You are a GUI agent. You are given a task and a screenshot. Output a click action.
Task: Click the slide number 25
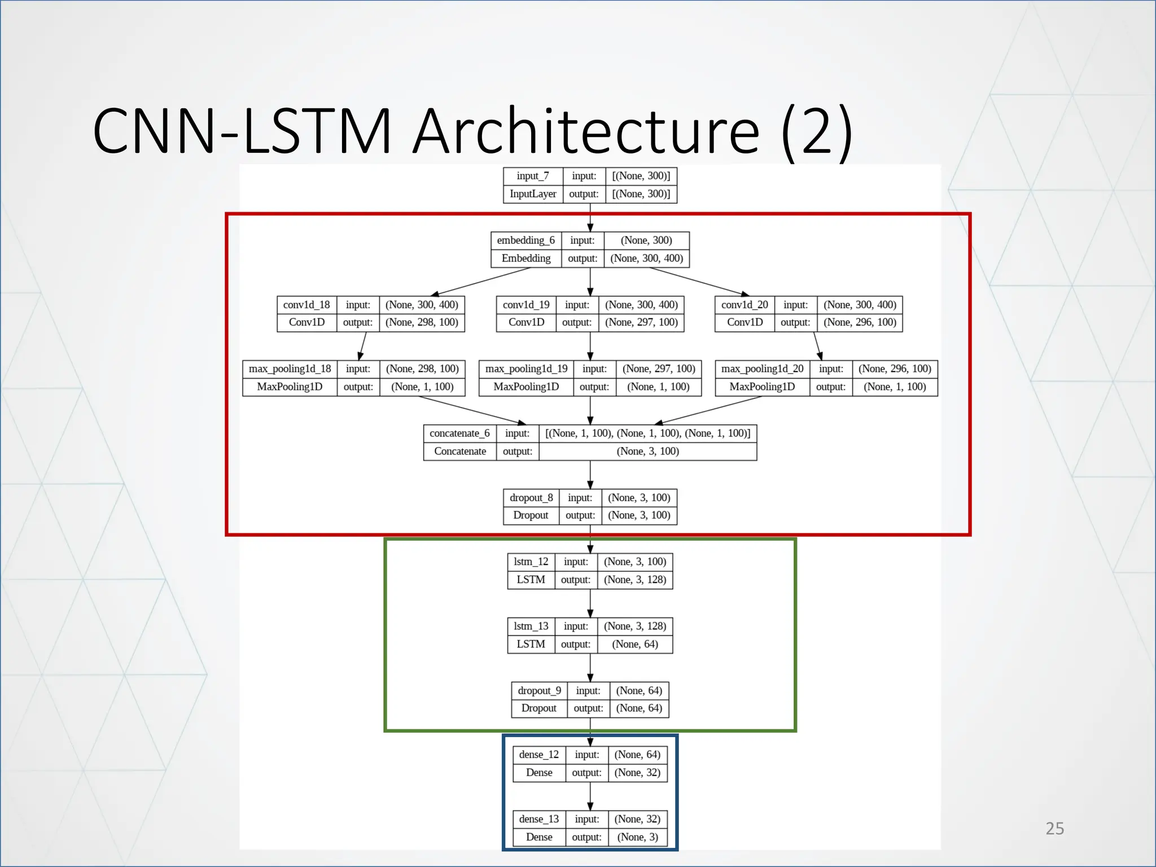pos(1054,828)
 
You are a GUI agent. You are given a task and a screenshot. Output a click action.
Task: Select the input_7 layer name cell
pos(532,176)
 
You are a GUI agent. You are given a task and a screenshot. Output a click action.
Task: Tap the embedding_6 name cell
pos(526,240)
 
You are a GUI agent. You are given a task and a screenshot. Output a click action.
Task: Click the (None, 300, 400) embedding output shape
pos(646,258)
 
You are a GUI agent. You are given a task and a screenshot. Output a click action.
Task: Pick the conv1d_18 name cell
pos(306,305)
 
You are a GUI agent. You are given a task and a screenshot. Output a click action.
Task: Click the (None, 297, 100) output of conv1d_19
pos(641,322)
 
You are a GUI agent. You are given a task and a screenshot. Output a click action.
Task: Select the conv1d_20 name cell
pos(745,305)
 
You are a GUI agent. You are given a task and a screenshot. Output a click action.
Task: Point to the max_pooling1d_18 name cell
pos(290,369)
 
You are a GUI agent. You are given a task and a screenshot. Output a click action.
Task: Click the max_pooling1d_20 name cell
pos(762,369)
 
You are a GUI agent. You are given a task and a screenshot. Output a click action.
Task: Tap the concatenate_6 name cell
pos(459,433)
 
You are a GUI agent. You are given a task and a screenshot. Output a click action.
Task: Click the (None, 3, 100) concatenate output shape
pos(647,451)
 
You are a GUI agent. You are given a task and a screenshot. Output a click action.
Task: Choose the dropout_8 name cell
pos(531,497)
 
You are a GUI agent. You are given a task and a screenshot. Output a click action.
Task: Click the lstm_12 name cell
pos(531,562)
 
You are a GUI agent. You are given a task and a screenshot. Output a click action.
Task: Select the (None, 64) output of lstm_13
pos(635,644)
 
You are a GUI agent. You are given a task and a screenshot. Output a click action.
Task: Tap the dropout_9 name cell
pos(539,690)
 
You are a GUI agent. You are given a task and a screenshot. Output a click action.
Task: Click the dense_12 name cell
pos(539,755)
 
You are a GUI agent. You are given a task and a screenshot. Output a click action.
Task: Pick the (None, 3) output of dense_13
pos(637,837)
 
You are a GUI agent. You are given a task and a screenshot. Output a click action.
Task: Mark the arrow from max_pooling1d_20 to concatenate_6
pos(708,410)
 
